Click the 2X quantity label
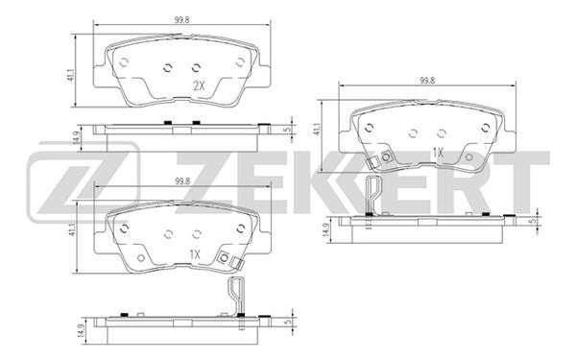coord(199,86)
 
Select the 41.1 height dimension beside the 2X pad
coord(72,74)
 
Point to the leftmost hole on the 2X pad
coord(124,62)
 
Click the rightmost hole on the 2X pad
coord(240,62)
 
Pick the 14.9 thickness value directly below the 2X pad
coord(77,137)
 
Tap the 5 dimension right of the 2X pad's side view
coord(288,129)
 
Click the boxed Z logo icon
coord(83,182)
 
